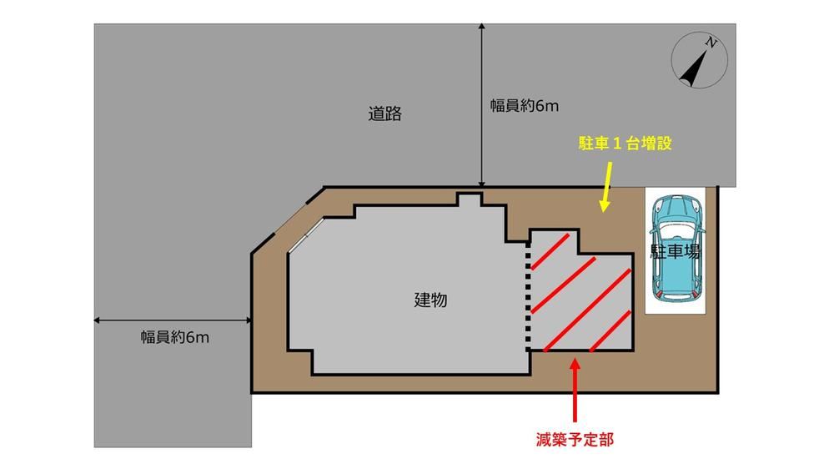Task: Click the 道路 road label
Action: click(x=385, y=113)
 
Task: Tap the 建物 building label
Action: click(x=430, y=300)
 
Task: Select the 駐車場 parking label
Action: click(x=675, y=251)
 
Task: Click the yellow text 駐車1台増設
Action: click(x=625, y=144)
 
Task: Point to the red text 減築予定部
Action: click(x=575, y=439)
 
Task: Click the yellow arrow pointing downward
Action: click(x=606, y=187)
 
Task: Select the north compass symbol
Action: click(x=699, y=60)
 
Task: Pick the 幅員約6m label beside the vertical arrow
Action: click(x=525, y=106)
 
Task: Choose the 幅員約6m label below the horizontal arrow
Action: click(x=175, y=337)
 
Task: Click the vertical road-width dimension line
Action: click(x=481, y=105)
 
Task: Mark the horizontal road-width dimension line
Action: click(x=173, y=320)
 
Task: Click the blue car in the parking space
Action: click(x=676, y=249)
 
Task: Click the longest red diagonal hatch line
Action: click(x=586, y=310)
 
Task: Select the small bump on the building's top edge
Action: click(x=470, y=199)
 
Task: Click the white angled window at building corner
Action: click(x=306, y=234)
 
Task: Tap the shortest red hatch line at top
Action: click(x=550, y=251)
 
